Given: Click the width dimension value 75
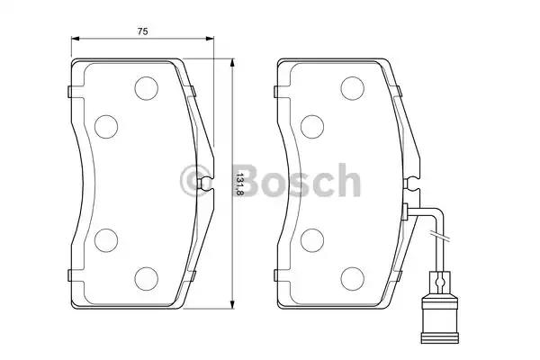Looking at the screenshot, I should tap(142, 31).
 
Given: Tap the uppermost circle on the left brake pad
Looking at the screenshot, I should tap(145, 87).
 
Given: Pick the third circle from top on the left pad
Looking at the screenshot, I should tap(105, 238).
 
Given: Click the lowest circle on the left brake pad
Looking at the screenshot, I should tap(145, 276).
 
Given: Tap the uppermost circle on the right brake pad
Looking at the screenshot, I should tap(351, 87).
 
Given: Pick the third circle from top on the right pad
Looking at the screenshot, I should tap(311, 238).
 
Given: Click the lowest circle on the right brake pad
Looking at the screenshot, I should tap(351, 276).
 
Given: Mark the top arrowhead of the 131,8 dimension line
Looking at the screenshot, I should tap(232, 63).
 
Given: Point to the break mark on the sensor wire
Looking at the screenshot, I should tap(440, 238).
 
